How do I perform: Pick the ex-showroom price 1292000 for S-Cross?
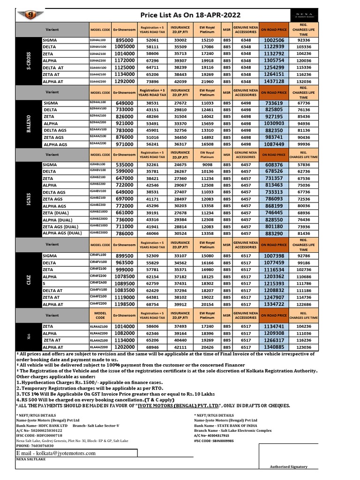point(125,82)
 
